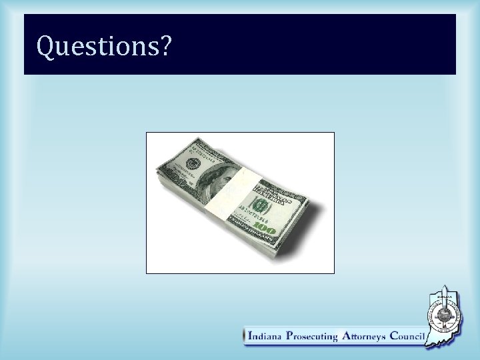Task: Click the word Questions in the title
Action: tap(97, 46)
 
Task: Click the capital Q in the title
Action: tap(45, 46)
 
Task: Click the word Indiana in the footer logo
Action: tap(265, 337)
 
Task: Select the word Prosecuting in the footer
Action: tap(313, 337)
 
